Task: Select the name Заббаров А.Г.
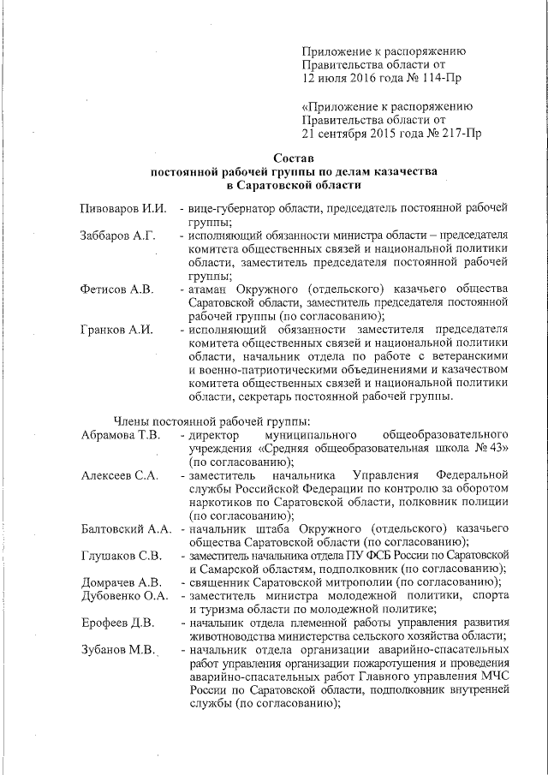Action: pyautogui.click(x=117, y=235)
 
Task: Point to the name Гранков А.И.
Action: pyautogui.click(x=116, y=331)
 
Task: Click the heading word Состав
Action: pyautogui.click(x=294, y=158)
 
